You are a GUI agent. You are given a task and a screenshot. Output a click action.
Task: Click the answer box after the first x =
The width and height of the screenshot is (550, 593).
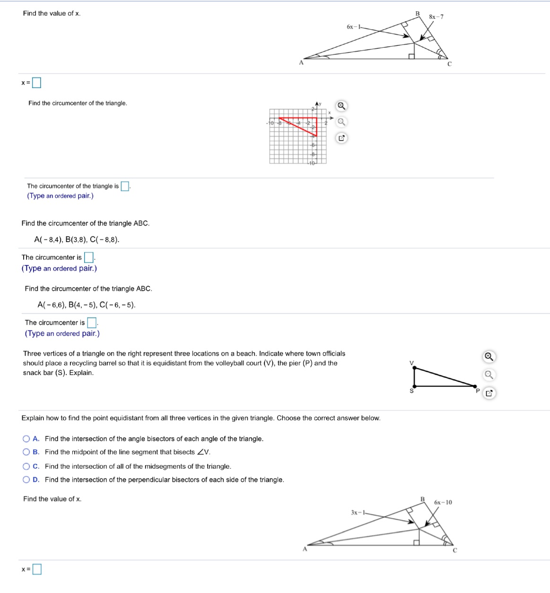tap(36, 83)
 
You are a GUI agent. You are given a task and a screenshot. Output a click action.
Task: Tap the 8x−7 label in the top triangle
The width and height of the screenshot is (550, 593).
tap(436, 17)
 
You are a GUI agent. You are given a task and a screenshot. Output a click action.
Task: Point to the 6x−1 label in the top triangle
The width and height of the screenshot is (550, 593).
tap(353, 27)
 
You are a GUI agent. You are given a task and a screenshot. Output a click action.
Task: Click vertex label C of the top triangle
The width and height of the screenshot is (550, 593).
tap(449, 64)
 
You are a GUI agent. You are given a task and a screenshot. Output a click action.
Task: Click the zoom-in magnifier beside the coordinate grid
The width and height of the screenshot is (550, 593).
tap(341, 105)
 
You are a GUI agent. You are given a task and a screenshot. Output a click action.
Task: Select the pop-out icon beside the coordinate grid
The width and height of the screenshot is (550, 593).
tap(341, 138)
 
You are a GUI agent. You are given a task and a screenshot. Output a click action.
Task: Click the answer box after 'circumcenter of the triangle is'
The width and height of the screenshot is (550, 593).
tap(125, 186)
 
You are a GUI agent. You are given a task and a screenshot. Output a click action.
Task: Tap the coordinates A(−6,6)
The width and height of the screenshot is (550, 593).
tap(52, 305)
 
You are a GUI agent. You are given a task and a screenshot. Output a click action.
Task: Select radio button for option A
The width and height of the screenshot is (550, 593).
tap(26, 439)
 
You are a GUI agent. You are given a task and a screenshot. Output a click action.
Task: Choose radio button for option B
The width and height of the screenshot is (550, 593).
tap(26, 452)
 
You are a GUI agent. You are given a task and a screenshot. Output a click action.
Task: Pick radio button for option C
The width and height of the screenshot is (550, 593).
tap(26, 466)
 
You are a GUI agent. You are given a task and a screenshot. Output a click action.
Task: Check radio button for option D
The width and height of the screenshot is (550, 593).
tap(26, 480)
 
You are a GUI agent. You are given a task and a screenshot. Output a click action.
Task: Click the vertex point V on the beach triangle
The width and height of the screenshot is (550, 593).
tap(415, 367)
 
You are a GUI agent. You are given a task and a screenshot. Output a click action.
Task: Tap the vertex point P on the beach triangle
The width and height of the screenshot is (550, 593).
tap(475, 386)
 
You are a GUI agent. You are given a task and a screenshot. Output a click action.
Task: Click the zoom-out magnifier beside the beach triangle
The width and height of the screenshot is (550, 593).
tap(489, 375)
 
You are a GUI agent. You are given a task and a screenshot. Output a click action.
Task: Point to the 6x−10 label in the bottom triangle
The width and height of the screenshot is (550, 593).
tap(443, 502)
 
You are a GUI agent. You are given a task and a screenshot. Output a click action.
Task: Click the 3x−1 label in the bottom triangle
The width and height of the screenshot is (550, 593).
tap(358, 513)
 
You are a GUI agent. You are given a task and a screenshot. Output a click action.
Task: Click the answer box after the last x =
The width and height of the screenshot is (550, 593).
tap(36, 569)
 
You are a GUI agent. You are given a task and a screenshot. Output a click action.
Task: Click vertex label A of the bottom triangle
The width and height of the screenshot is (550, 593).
tap(305, 549)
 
